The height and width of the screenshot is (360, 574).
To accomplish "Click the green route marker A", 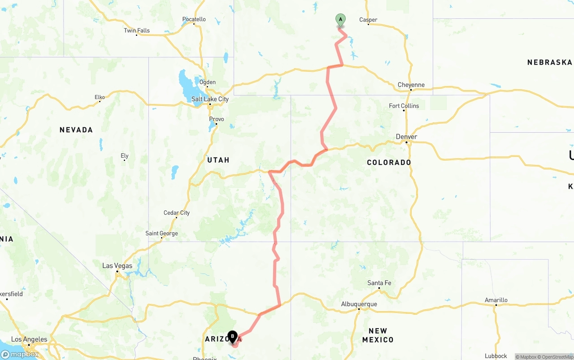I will [340, 20].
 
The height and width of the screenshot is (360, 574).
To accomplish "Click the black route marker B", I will [232, 337].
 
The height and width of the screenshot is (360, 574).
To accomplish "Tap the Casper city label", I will [368, 20].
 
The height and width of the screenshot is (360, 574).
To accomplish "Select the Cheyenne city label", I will [411, 85].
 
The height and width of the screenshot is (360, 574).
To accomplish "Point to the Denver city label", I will [406, 137].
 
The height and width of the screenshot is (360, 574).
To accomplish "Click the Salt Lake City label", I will [210, 99].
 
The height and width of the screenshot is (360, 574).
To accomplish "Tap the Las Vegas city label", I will [117, 265].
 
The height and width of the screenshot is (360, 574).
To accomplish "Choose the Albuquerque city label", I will [359, 304].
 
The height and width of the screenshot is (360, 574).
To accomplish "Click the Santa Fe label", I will [379, 283].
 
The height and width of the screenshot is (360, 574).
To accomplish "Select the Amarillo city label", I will [496, 300].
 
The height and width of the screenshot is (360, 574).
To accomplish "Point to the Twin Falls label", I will [137, 30].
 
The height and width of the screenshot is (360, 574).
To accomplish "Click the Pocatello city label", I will [194, 19].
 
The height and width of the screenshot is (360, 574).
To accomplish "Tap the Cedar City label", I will [177, 213].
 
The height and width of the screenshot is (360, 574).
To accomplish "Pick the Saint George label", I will [161, 233].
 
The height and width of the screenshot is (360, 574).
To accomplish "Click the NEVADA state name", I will [76, 130].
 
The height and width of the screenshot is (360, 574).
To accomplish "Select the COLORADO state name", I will [389, 162].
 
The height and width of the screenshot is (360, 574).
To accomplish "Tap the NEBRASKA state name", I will [550, 62].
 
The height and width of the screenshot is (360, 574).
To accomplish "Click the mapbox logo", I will [20, 354].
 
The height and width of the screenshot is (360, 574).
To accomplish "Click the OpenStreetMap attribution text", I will [556, 357].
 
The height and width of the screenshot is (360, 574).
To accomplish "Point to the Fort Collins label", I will [404, 106].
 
